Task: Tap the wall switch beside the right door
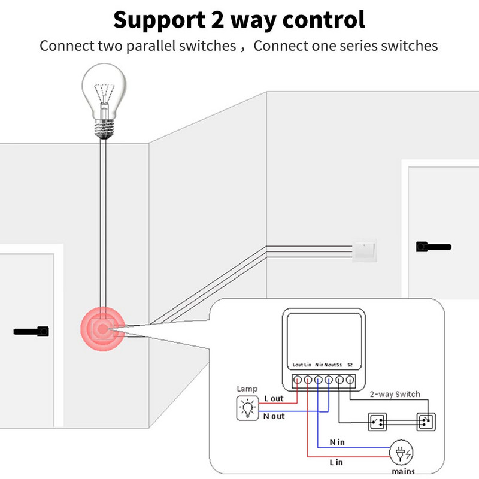point(364,250)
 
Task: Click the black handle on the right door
point(432,246)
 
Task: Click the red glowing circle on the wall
point(102,329)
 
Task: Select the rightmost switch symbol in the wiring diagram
point(425,422)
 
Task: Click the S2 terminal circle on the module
point(350,380)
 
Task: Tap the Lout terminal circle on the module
point(296,380)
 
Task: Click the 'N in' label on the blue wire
point(338,441)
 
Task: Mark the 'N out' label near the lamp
point(274,416)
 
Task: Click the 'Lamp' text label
point(247,389)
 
